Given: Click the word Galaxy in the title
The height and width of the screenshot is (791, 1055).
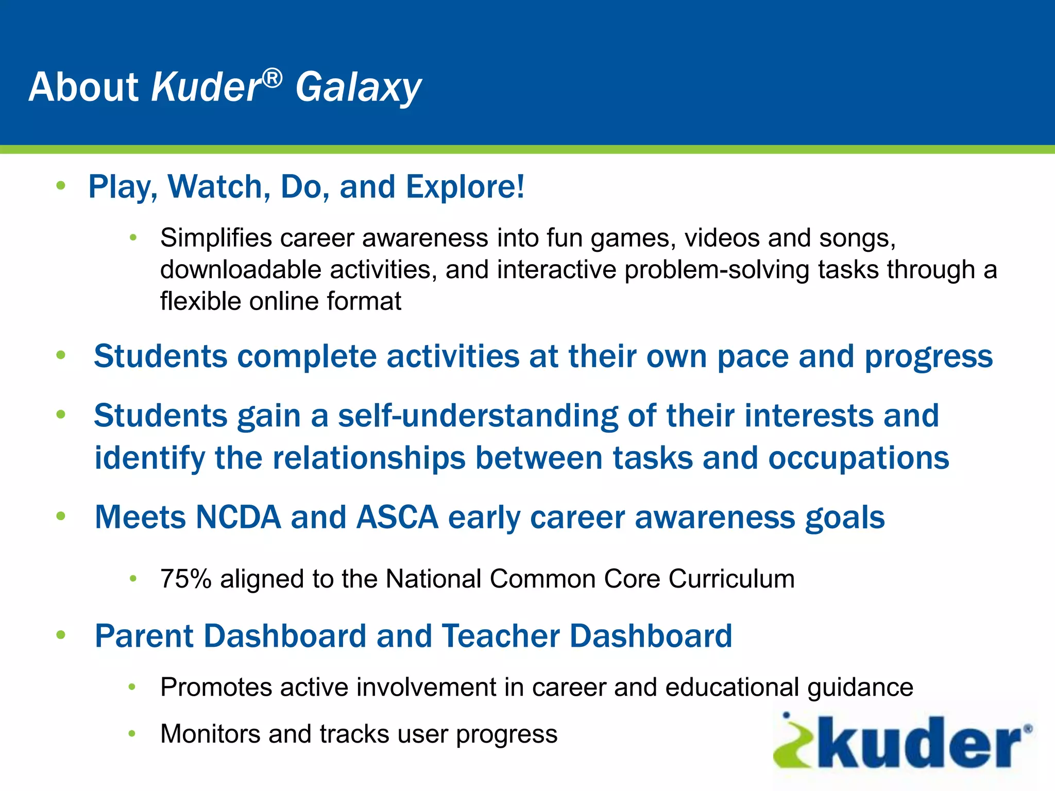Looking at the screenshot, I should tap(358, 88).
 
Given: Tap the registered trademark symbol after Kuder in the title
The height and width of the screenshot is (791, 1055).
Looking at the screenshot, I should tap(272, 78).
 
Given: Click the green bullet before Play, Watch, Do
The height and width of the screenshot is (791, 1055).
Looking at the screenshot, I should tap(61, 185).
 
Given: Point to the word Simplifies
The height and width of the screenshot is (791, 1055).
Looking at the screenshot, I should tap(216, 238).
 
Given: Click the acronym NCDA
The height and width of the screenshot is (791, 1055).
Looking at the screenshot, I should tap(239, 517).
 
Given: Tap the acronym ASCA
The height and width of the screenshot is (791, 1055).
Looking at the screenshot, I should tap(397, 517).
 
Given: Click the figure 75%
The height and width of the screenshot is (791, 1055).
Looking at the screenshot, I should tap(186, 579).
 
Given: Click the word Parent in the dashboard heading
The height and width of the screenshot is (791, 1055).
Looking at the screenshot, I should tap(144, 636).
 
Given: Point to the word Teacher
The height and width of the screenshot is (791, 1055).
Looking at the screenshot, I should tap(500, 636).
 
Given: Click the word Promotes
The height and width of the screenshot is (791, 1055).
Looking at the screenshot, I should tap(216, 687).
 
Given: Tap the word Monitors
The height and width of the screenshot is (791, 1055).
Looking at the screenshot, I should tap(210, 734).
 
